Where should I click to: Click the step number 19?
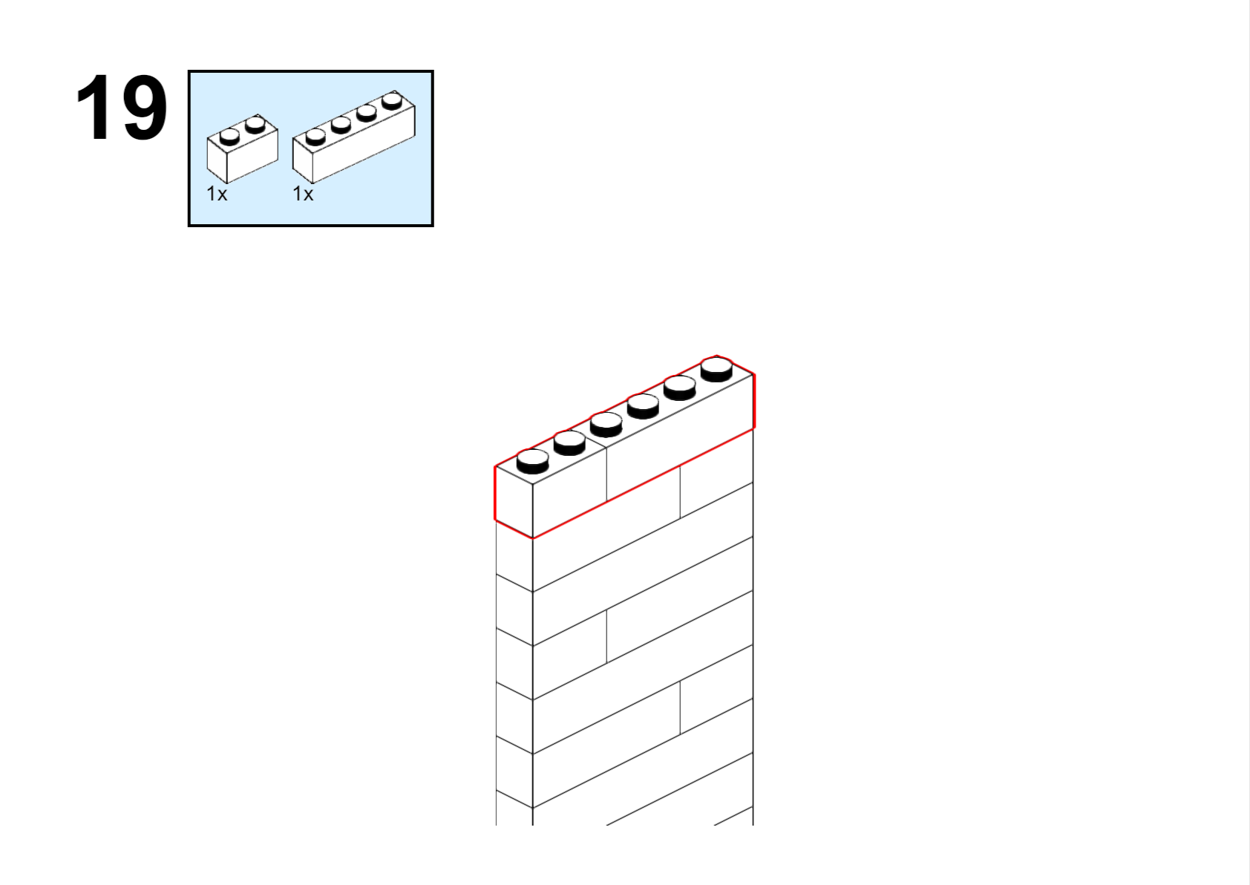pos(122,107)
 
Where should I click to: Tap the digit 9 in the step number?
pos(145,107)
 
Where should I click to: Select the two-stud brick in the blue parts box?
pos(242,148)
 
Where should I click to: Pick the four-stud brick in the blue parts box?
pos(354,137)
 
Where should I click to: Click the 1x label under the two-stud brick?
pos(217,195)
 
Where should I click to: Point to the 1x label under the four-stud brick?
pos(303,195)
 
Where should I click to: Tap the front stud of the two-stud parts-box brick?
pos(229,137)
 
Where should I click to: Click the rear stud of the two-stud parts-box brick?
pos(255,125)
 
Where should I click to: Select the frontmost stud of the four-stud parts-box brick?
pos(315,137)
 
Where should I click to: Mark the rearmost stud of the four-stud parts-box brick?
pos(393,101)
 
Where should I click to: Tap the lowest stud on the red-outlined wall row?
pos(533,462)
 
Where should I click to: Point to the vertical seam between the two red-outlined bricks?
pos(606,474)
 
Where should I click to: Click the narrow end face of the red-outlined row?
pos(514,502)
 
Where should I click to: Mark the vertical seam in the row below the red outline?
pos(680,492)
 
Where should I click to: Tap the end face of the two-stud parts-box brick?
pos(217,160)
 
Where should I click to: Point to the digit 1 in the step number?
pos(94,107)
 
